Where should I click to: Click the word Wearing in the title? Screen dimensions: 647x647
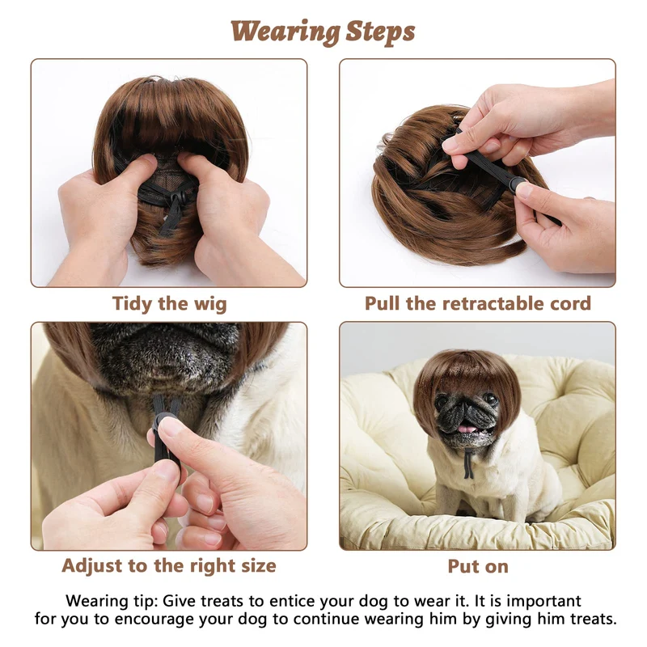coord(285,32)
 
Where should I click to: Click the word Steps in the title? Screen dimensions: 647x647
coord(380,32)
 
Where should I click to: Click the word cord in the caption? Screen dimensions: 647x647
coord(571,304)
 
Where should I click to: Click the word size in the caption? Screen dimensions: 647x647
coord(259,565)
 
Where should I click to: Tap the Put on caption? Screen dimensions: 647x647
coord(478,567)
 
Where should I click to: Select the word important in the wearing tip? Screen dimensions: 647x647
coord(543,601)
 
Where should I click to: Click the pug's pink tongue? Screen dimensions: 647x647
coord(467,429)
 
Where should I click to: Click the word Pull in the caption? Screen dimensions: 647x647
coord(382,304)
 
